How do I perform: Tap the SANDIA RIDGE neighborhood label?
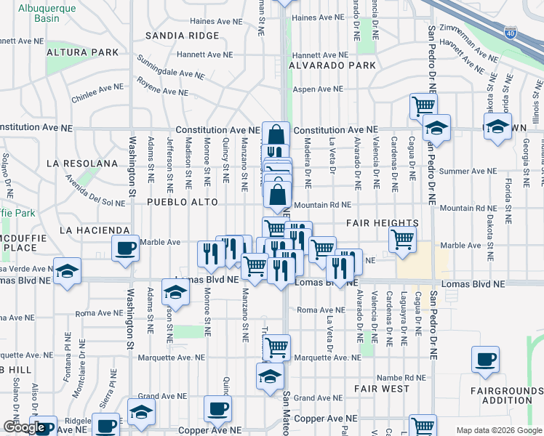point(182,35)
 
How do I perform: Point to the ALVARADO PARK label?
point(332,65)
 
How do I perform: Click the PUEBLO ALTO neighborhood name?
point(182,201)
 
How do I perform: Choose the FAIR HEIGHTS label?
point(382,223)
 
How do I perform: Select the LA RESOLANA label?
point(81,163)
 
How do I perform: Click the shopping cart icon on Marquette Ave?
point(276,347)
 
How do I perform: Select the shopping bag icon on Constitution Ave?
point(276,134)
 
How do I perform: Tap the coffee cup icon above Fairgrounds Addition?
point(485,358)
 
